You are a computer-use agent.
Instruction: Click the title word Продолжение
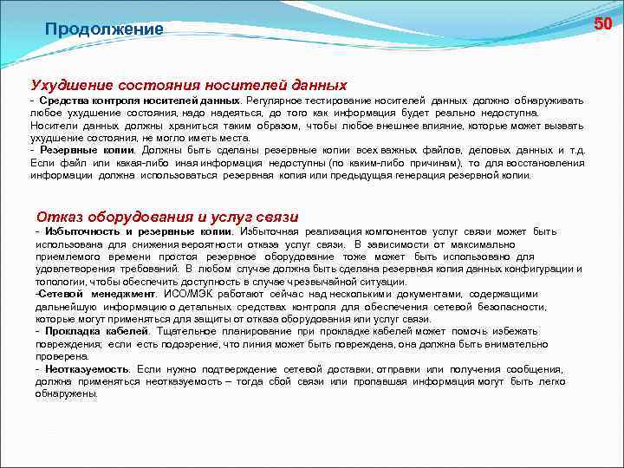coord(104,29)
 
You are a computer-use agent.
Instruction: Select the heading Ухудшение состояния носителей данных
coord(189,85)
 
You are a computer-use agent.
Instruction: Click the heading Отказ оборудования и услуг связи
coord(167,216)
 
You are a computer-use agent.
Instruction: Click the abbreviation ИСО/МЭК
coord(180,294)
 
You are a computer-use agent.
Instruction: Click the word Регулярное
coord(275,101)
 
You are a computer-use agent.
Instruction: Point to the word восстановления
coord(543,162)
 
